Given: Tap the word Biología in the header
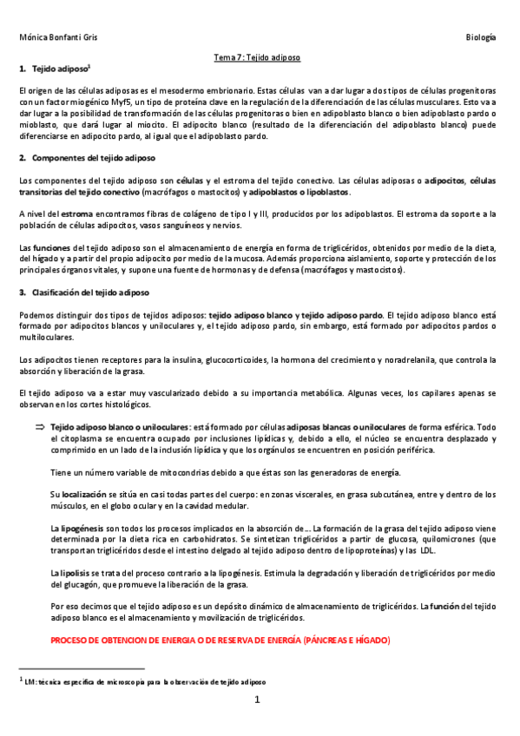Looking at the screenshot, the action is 481,38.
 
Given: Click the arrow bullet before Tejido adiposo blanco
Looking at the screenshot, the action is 40,427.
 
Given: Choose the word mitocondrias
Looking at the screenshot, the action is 179,471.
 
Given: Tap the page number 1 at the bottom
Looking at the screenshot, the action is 258,699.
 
